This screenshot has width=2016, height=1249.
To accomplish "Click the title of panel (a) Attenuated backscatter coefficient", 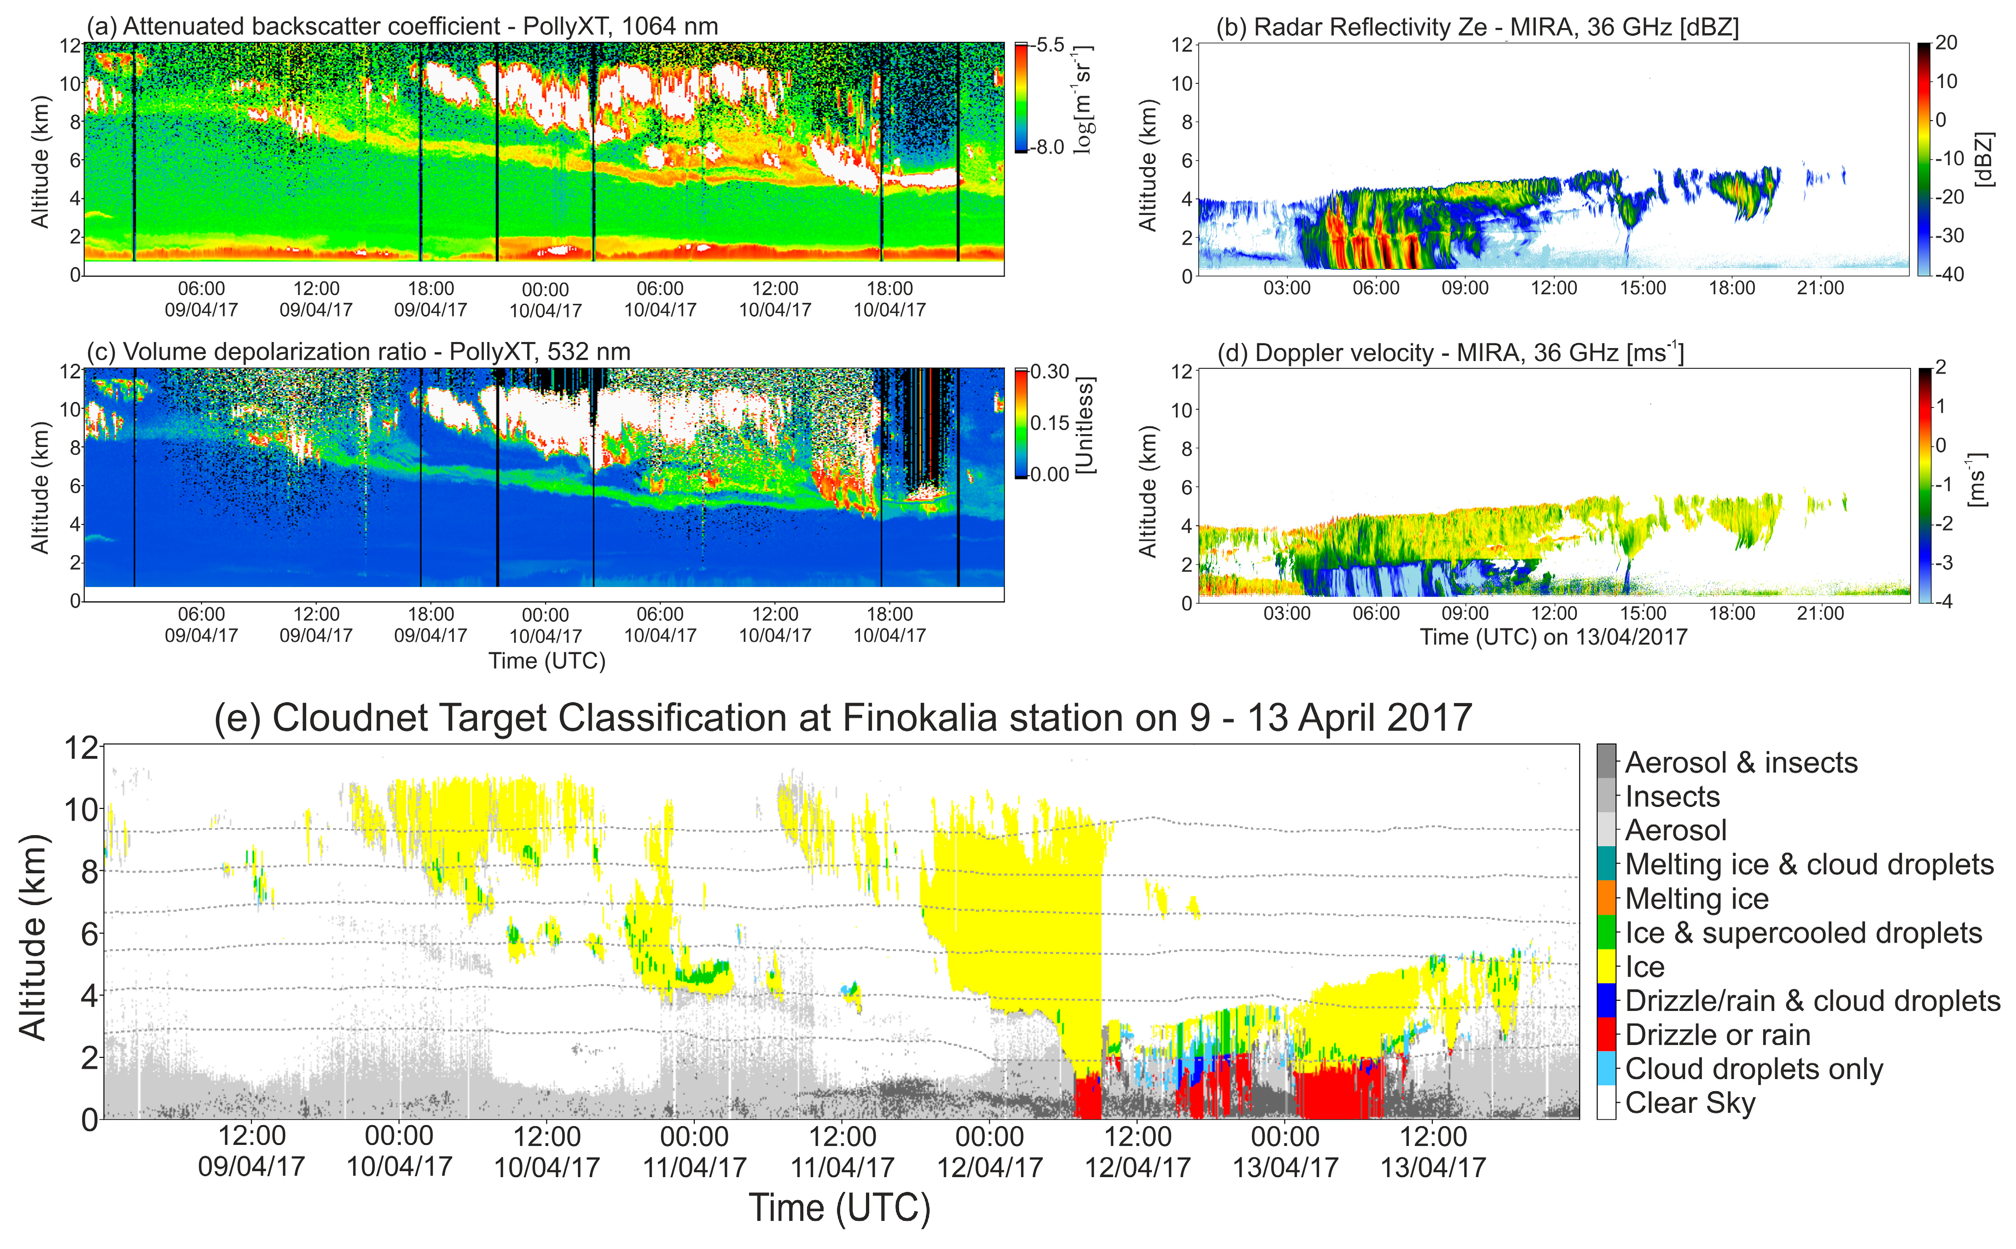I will point(402,26).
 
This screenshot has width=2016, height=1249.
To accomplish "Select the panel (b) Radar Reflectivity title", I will point(1477,27).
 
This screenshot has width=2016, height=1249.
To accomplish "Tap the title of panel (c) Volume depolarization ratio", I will point(359,352).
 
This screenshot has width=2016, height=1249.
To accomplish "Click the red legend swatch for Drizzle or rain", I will point(1605,1034).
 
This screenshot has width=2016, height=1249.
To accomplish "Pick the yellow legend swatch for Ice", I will point(1605,966).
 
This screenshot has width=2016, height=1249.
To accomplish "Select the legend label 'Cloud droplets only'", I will point(1754,1069).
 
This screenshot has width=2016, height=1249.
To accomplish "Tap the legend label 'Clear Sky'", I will point(1690,1103).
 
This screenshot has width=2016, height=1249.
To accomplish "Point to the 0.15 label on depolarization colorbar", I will point(1050,423).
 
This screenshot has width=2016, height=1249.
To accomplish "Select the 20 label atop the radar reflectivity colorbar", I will point(1946,43).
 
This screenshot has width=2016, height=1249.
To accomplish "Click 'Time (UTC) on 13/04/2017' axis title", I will point(1553,637).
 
